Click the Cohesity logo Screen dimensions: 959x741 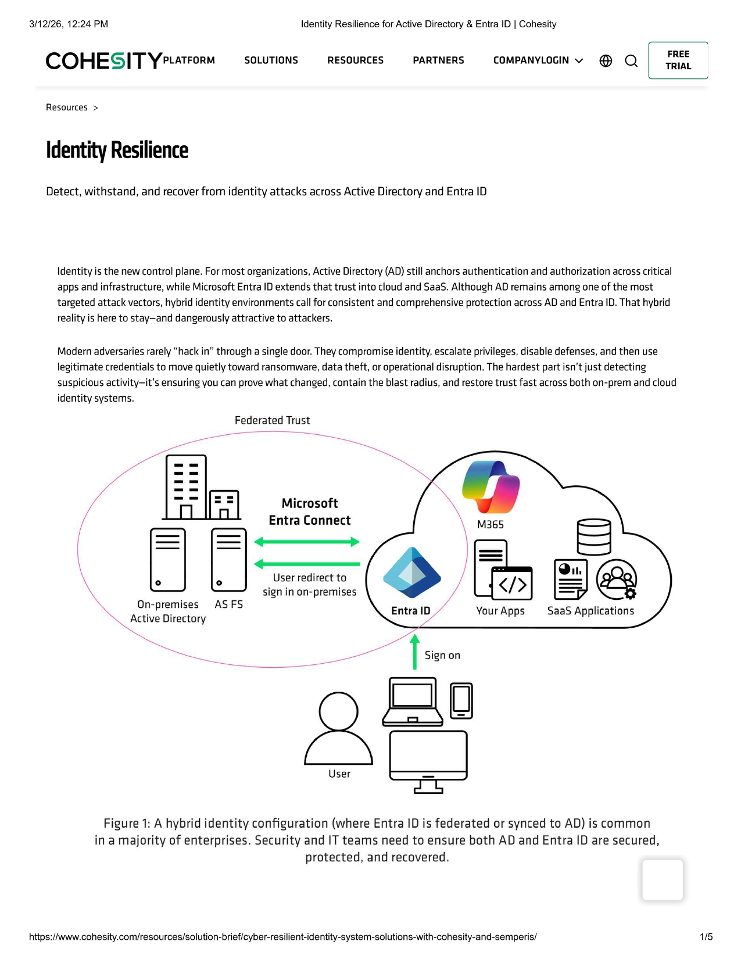click(x=104, y=60)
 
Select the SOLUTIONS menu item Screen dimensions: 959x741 click(x=271, y=60)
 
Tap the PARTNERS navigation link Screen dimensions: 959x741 click(x=438, y=60)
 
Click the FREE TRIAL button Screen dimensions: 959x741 click(x=678, y=60)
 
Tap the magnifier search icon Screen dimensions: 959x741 click(x=631, y=61)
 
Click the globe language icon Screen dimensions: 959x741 click(x=606, y=61)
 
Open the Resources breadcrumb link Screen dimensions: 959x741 click(x=67, y=108)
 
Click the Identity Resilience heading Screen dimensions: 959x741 click(x=117, y=150)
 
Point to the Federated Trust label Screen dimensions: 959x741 click(x=272, y=420)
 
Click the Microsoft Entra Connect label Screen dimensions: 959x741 click(x=309, y=511)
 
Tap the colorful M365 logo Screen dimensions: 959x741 click(x=491, y=487)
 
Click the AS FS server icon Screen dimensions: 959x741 click(x=229, y=560)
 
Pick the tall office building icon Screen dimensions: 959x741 click(x=186, y=487)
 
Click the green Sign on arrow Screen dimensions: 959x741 click(x=414, y=652)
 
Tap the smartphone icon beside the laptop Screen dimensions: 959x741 click(x=461, y=700)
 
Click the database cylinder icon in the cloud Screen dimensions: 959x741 click(x=593, y=537)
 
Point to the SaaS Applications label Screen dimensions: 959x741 click(x=590, y=611)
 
